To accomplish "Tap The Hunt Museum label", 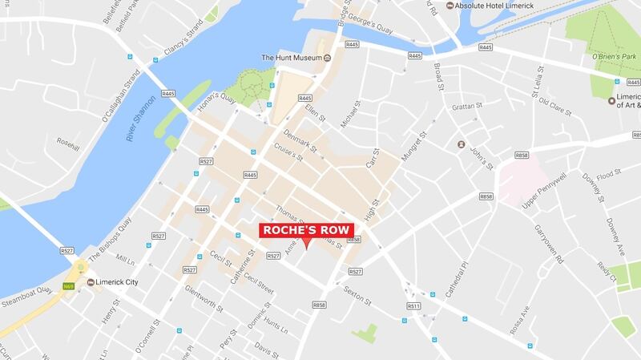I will (291, 58).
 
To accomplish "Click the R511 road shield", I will (413, 306).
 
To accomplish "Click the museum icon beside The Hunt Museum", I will (328, 58).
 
